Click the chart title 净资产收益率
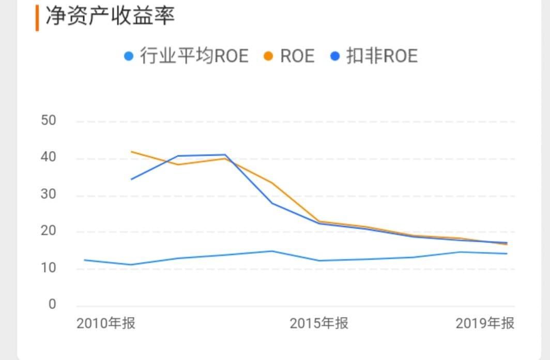click(x=110, y=16)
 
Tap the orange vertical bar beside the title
click(x=37, y=18)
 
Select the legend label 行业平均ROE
click(x=194, y=56)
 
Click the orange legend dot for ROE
click(x=268, y=56)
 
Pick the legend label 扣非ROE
click(x=381, y=56)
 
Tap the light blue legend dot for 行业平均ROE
click(x=129, y=56)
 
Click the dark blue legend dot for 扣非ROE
click(x=334, y=56)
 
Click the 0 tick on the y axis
click(x=52, y=305)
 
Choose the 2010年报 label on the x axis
click(x=106, y=324)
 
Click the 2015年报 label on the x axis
click(x=319, y=324)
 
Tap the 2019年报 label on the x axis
click(x=485, y=324)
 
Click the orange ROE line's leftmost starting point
click(x=131, y=152)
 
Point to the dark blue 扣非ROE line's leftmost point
click(x=131, y=179)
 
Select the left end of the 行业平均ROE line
click(x=84, y=260)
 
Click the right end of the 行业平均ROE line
click(x=507, y=253)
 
